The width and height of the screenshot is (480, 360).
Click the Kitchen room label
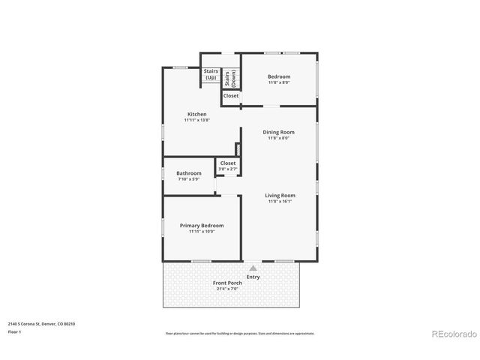(196, 115)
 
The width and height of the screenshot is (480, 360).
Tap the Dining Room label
(278, 132)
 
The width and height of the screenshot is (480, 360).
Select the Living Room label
(280, 196)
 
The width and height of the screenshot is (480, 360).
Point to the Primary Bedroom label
(201, 225)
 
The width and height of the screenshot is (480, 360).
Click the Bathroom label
(189, 173)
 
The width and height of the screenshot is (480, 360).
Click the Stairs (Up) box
(211, 75)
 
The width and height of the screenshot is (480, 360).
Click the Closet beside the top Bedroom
(231, 96)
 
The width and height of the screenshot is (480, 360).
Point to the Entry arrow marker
(253, 267)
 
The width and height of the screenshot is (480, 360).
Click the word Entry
(253, 276)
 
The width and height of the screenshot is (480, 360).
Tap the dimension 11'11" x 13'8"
(196, 120)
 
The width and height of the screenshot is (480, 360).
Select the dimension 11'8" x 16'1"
(280, 201)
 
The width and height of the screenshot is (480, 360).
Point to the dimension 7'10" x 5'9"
(189, 178)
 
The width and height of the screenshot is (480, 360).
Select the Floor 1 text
(15, 331)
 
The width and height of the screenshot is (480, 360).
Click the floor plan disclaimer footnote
(240, 333)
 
